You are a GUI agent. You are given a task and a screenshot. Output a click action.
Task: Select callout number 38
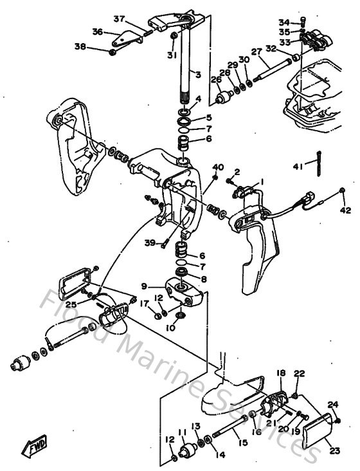[x=98, y=46]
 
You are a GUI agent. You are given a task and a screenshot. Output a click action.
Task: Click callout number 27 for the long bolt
[x=255, y=51]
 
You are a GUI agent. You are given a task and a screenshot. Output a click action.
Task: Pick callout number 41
[x=298, y=167]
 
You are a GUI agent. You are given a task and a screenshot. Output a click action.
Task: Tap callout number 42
[x=345, y=210]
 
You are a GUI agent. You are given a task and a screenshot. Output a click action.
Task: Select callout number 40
[x=218, y=167]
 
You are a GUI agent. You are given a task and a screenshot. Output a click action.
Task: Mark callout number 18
[x=281, y=373]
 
